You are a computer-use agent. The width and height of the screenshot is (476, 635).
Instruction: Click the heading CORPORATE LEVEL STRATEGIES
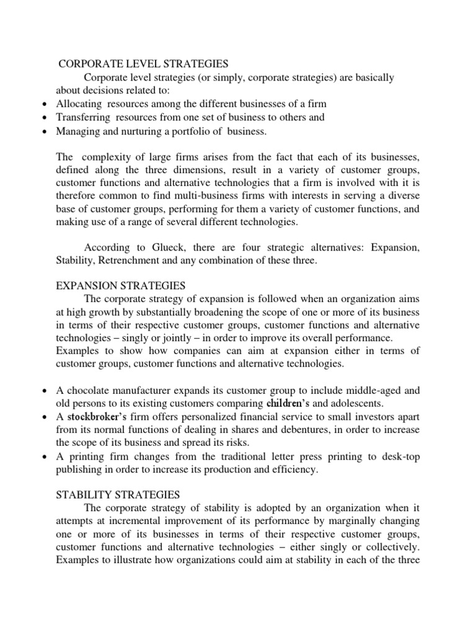click(x=144, y=63)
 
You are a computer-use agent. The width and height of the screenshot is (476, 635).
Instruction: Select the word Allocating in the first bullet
click(x=79, y=104)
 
